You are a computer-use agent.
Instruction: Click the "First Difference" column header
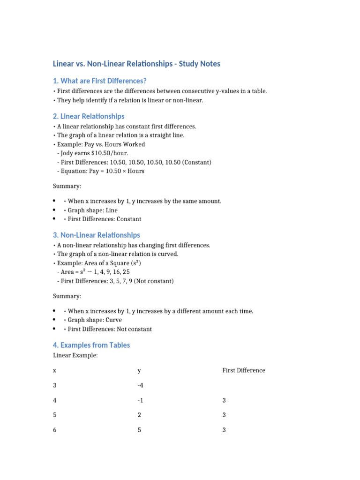[243, 370]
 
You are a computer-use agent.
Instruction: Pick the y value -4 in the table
[140, 386]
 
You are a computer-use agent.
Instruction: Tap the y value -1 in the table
[140, 401]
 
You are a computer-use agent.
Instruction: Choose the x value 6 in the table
[54, 430]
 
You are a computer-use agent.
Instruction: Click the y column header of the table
[139, 371]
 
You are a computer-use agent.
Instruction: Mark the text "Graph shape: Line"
[92, 210]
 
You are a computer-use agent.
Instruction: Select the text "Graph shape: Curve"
[95, 320]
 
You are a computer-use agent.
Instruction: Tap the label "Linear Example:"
[75, 356]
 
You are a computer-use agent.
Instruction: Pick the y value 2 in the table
[139, 415]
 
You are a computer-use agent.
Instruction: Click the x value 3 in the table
[54, 386]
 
